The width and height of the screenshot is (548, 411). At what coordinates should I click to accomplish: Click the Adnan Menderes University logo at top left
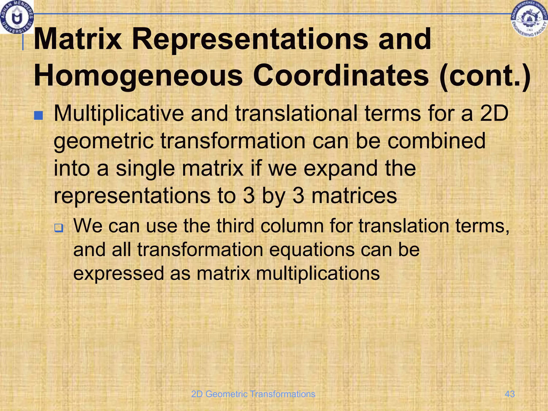click(x=17, y=17)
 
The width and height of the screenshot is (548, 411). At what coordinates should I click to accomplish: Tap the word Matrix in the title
click(x=78, y=39)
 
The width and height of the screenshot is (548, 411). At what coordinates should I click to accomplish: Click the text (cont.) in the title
click(x=485, y=76)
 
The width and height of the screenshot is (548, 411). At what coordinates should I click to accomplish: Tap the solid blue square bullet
click(x=39, y=116)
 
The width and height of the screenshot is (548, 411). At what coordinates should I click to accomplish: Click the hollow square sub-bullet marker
click(x=59, y=228)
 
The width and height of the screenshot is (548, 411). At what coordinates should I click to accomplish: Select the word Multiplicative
click(x=119, y=113)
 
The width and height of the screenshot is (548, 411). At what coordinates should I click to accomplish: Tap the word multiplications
click(x=318, y=273)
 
